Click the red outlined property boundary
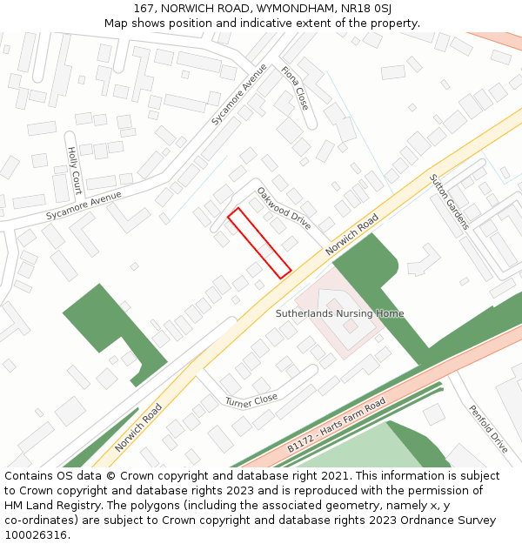(259, 243)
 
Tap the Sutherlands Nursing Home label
(339, 313)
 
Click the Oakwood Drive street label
(284, 208)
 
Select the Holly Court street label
(74, 169)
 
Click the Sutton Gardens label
(449, 202)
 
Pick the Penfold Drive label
(488, 428)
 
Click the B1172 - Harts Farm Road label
(337, 425)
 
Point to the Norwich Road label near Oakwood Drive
(352, 234)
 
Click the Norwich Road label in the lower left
(139, 426)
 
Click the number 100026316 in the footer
(37, 534)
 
